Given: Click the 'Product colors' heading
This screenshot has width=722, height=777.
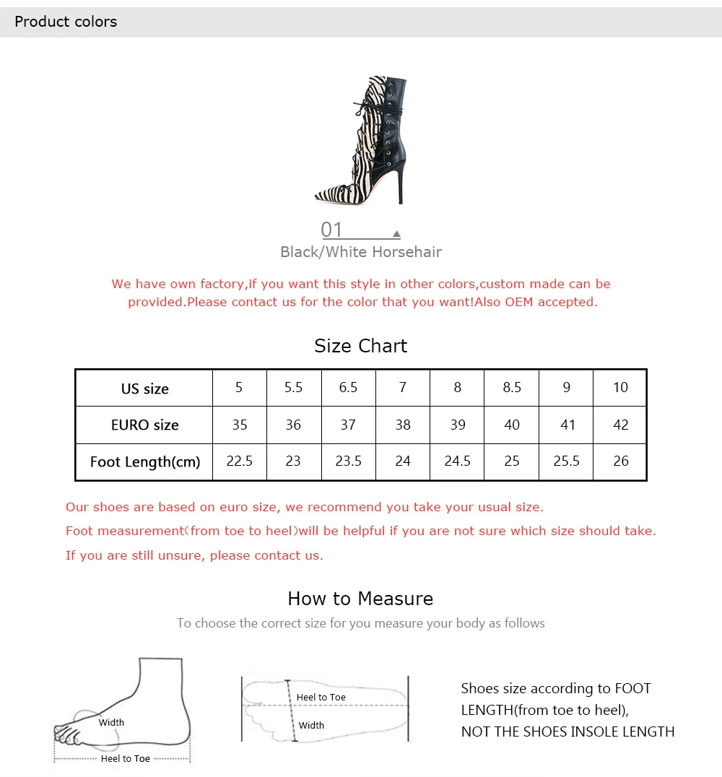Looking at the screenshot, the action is click(66, 22).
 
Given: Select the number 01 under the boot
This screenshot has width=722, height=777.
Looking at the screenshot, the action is click(331, 230).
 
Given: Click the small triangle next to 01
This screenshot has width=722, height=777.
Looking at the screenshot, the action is click(396, 233).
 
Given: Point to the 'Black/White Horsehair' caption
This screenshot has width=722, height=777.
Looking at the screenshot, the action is click(361, 252).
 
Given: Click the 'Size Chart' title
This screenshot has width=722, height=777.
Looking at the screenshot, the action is click(361, 346).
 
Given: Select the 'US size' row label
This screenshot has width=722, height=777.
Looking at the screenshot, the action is click(144, 388).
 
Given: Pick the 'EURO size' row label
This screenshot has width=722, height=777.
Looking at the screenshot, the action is click(144, 425).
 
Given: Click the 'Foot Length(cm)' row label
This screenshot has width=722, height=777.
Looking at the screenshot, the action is click(144, 462).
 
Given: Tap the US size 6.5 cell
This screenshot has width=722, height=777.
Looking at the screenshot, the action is click(348, 388).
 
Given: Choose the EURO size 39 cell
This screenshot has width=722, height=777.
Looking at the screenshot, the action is click(457, 425).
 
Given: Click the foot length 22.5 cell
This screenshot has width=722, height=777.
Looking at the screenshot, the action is click(240, 461).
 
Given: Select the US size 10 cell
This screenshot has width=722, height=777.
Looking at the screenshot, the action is click(620, 388).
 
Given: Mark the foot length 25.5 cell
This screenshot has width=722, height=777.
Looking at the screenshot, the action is click(566, 461).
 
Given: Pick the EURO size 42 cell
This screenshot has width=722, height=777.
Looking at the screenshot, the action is click(620, 425).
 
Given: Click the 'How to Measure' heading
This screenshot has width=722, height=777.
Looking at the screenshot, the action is click(361, 599).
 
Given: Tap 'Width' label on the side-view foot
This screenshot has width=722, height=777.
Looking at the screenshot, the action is click(111, 723).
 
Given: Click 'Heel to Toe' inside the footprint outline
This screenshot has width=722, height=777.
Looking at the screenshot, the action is click(321, 698).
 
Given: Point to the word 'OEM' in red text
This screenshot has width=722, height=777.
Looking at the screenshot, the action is click(519, 302).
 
